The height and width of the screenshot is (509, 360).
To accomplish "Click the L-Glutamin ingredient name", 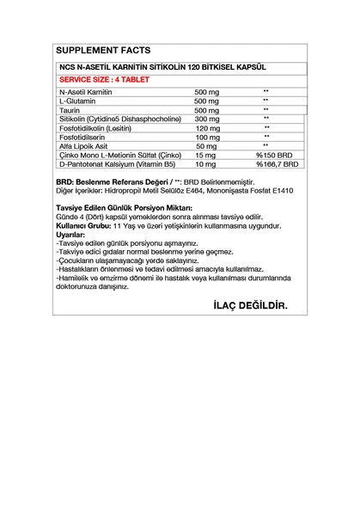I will click(x=76, y=101).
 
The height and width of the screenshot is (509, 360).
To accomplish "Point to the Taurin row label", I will click(x=68, y=110).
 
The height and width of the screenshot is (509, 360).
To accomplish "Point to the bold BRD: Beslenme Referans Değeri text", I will click(x=111, y=183).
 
